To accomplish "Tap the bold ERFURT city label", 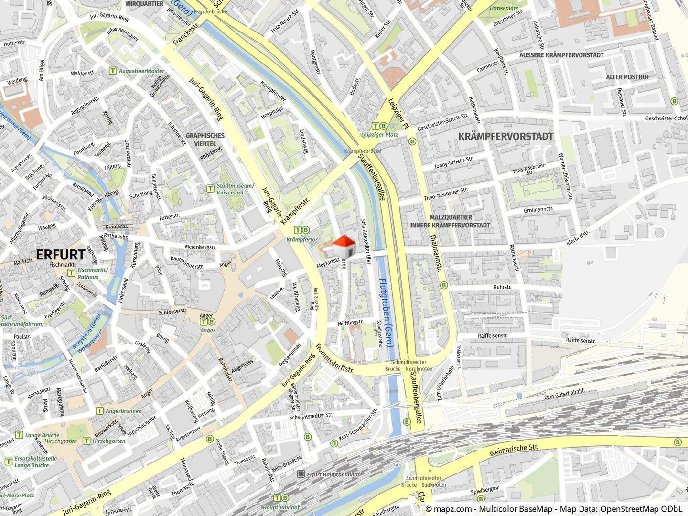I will click(60, 255).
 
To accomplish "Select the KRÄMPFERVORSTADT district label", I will click(505, 136).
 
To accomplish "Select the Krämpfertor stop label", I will click(302, 239).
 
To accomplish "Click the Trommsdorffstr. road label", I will click(334, 358).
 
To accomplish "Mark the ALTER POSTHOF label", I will click(627, 77).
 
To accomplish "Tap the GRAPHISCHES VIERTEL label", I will click(205, 139).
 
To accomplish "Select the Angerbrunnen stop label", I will click(123, 411).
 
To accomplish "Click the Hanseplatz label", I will click(507, 8).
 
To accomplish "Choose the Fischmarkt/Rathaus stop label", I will click(95, 273).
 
